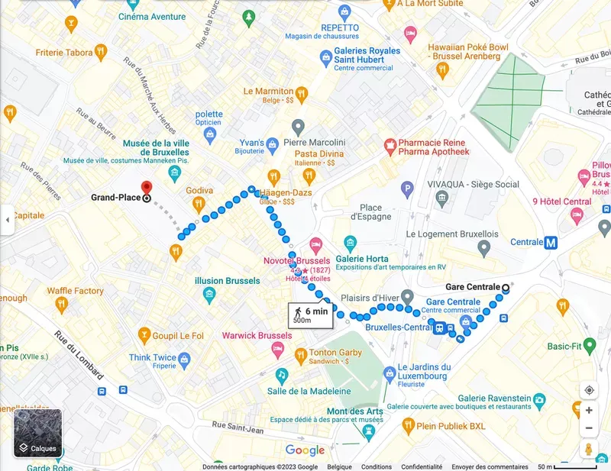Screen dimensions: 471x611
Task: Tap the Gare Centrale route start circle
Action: click(x=505, y=288)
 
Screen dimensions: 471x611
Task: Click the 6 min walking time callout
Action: click(x=310, y=315)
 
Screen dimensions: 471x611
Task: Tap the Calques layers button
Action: click(x=37, y=432)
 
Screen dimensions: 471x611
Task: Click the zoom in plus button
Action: click(x=589, y=410)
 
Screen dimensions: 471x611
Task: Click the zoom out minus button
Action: click(x=589, y=427)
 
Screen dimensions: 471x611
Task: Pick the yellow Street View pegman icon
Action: click(x=589, y=450)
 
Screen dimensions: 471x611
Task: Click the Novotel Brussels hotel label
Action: click(x=296, y=260)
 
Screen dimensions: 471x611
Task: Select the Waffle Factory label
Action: click(x=75, y=291)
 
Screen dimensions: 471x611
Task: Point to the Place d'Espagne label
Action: click(x=370, y=212)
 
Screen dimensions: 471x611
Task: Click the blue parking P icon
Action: click(x=408, y=188)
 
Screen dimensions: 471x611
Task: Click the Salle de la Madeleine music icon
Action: click(x=282, y=375)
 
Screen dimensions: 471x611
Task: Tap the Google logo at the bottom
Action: click(x=305, y=450)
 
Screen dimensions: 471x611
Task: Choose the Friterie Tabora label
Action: click(x=63, y=53)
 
